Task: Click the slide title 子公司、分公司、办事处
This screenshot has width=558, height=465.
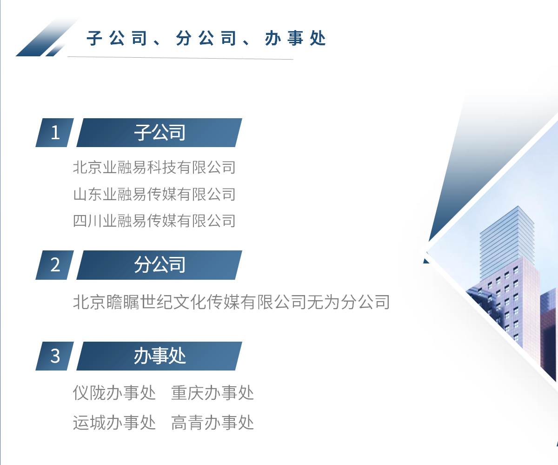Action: coord(206,39)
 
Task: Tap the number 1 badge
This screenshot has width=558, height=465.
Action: coord(55,133)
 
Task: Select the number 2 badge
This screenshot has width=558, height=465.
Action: coord(55,265)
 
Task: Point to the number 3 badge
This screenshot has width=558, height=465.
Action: coord(55,356)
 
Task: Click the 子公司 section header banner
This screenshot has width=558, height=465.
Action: coord(159,133)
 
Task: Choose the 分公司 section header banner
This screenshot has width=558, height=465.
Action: coord(159,265)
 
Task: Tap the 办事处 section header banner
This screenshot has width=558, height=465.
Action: coord(159,356)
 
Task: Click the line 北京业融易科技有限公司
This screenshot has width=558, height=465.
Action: coord(154,167)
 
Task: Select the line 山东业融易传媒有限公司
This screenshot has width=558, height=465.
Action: coord(154,194)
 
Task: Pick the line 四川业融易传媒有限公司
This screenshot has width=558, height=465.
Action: coord(154,221)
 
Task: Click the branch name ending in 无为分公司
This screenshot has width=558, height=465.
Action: coord(231,303)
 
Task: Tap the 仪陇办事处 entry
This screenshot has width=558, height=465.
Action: coord(114,393)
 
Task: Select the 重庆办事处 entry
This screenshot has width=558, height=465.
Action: coord(213,393)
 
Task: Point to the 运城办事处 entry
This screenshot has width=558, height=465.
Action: coord(114,423)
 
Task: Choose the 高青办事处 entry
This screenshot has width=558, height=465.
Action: coord(213,423)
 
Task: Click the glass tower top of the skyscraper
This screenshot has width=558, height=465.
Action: coord(507,237)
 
